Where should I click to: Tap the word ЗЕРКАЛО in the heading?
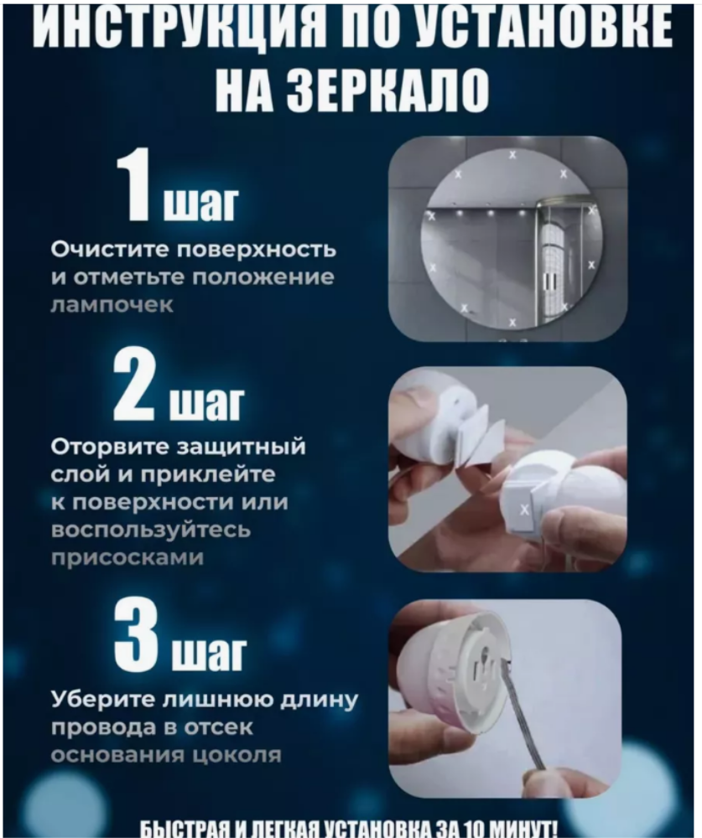pos(388,90)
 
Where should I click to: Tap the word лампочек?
pos(112,306)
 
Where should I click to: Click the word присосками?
pos(127,558)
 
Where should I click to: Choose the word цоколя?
pos(237,755)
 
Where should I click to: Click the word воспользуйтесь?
pos(152,530)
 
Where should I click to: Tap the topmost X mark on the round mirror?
pos(512,155)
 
